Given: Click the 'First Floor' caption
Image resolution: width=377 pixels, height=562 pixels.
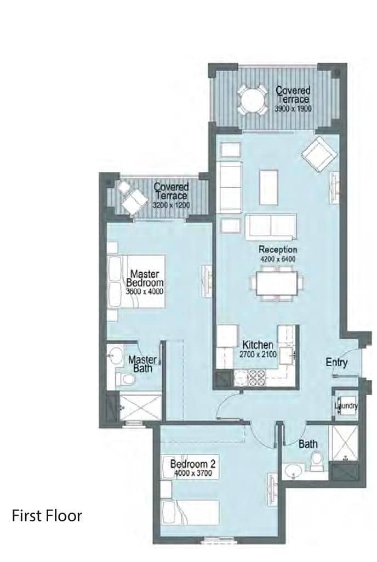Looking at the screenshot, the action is click(47, 516).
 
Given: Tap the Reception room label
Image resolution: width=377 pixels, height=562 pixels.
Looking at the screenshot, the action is click(278, 249).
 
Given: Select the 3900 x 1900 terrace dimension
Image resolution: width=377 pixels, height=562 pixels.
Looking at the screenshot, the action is click(293, 109).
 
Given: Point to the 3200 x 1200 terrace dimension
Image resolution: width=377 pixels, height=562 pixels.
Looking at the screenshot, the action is click(171, 205).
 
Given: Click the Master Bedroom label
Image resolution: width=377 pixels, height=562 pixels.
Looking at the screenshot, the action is click(145, 278).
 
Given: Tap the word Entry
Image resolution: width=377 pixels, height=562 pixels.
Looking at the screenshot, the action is click(336, 362).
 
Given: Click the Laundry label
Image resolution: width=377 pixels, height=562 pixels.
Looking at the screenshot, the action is click(346, 406).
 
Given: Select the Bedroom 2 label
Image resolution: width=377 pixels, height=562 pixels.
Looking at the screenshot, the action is click(192, 464).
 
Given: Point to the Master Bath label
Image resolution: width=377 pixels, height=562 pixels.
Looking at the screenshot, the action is click(142, 364).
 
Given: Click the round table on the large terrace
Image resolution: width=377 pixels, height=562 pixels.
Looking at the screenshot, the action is click(252, 100).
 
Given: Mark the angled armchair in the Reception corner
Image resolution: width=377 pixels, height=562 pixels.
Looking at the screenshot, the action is click(319, 155).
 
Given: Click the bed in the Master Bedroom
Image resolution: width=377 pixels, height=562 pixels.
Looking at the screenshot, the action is click(136, 282).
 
